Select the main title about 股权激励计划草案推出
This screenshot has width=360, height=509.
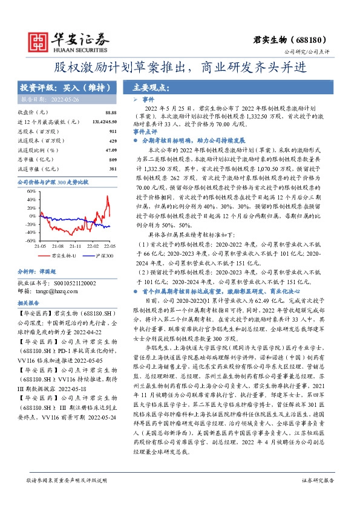(180, 66)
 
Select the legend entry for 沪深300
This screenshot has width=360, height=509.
(103, 256)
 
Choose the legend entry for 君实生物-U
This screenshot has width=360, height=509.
(62, 256)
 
